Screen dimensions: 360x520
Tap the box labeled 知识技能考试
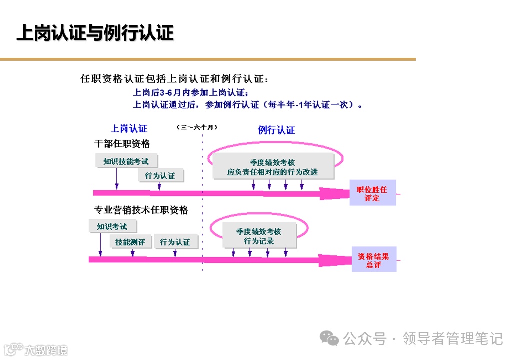coord(126,161)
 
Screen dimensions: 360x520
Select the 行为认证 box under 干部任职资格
coord(160,176)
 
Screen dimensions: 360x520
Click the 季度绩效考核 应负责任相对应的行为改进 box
coord(273,167)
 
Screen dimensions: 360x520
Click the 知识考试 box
coord(112,226)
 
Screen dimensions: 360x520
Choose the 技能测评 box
coord(130,242)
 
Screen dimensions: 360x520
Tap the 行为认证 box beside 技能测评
coord(175,242)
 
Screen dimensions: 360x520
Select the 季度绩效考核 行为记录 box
coord(259,236)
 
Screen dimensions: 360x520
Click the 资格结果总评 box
coord(374,260)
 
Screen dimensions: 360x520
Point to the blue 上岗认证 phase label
coord(129,129)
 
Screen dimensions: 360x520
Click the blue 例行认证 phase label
coord(276,130)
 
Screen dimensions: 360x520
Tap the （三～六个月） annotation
coord(197,127)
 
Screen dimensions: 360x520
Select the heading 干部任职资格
coord(122,144)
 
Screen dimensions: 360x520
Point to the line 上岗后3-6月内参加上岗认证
coord(190,92)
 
